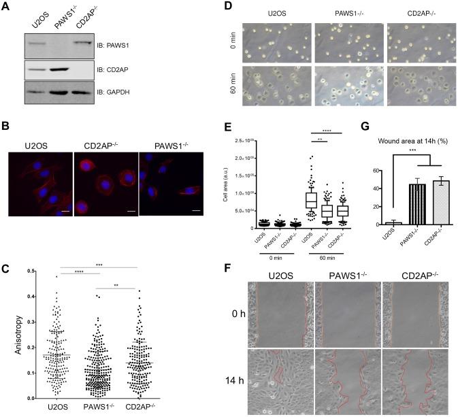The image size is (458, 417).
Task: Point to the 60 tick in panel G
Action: pyautogui.click(x=376, y=170)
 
